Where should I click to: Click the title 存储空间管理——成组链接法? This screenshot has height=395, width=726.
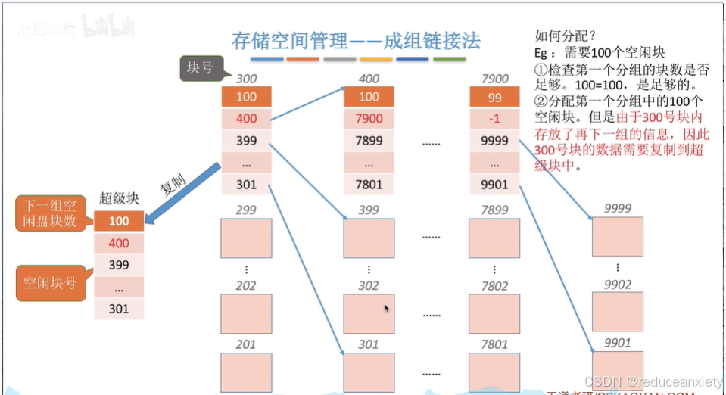(x=356, y=40)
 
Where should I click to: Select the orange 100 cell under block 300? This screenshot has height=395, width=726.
(x=246, y=97)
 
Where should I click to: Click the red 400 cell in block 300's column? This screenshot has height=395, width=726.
(x=246, y=119)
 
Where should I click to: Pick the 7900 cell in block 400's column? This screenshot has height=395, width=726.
(x=369, y=119)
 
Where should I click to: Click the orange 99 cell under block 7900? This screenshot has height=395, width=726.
(x=494, y=97)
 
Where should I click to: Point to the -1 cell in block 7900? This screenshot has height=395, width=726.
(x=494, y=119)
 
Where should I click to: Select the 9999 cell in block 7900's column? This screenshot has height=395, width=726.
(x=494, y=141)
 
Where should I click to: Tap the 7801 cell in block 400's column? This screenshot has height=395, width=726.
(x=369, y=184)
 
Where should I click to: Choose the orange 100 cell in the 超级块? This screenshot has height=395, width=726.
(x=118, y=221)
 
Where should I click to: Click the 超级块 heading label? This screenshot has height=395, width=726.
(x=118, y=199)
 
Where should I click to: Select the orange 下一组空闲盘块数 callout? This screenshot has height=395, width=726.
(x=51, y=213)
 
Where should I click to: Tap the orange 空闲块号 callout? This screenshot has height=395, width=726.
(x=51, y=284)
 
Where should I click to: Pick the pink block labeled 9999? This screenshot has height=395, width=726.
(x=618, y=237)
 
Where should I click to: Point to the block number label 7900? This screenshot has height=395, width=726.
(x=494, y=79)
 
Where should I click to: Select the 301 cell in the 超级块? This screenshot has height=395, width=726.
(x=118, y=309)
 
